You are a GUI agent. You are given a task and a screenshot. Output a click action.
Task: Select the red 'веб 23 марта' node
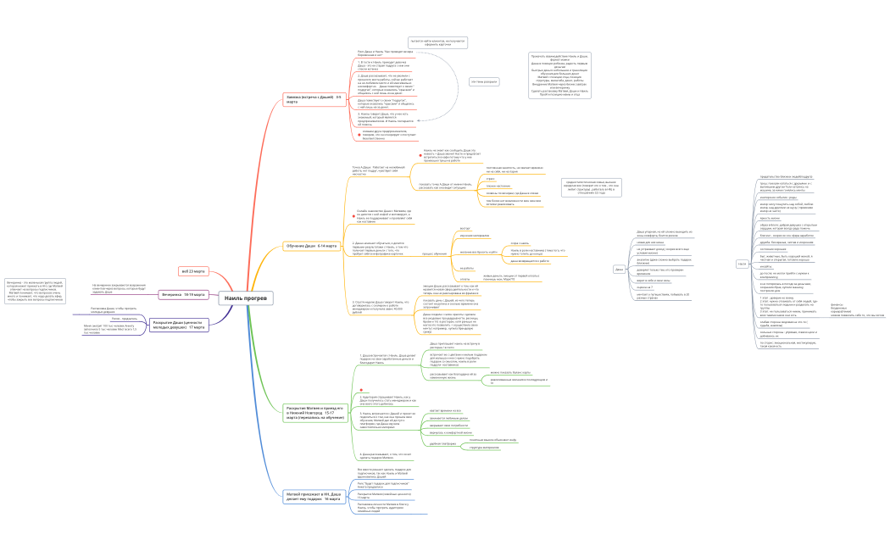(x=192, y=271)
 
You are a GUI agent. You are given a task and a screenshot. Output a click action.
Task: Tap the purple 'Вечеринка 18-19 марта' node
(x=183, y=294)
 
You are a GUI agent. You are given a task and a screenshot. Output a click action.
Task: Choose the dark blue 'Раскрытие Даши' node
(x=177, y=325)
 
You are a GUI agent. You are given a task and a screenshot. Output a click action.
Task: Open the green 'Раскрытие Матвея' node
(x=316, y=413)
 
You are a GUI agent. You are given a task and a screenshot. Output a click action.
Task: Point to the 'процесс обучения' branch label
(x=434, y=253)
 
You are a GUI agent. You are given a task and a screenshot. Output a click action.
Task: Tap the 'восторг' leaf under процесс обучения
(x=464, y=229)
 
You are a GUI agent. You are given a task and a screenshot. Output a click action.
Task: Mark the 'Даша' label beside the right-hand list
(x=619, y=269)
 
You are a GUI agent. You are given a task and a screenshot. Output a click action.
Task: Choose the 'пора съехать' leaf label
(x=519, y=243)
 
